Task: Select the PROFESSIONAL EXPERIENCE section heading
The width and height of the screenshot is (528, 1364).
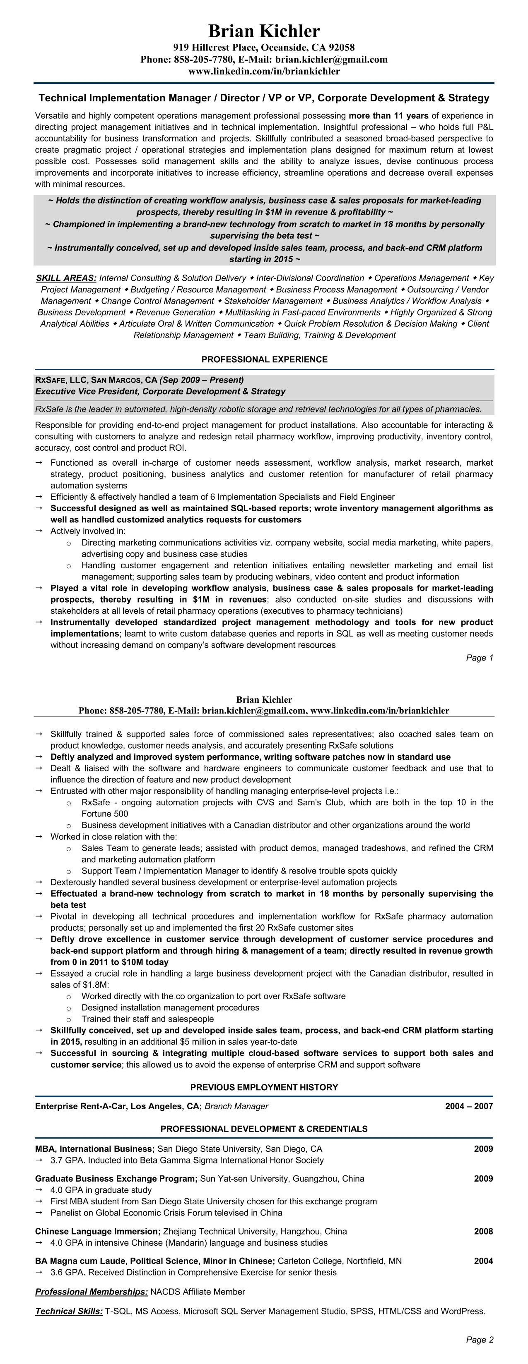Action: pyautogui.click(x=264, y=359)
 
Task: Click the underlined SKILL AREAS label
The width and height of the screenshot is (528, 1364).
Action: pyautogui.click(x=66, y=278)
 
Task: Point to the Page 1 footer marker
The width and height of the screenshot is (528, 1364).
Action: pyautogui.click(x=479, y=658)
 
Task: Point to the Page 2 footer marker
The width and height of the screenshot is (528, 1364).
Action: pyautogui.click(x=479, y=1340)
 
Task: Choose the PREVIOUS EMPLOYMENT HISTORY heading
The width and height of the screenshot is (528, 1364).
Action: pyautogui.click(x=264, y=1087)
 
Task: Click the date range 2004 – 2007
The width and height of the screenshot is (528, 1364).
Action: pyautogui.click(x=469, y=1106)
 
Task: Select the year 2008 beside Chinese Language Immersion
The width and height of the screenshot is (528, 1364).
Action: pyautogui.click(x=483, y=1232)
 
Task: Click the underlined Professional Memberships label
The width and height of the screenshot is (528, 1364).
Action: pyautogui.click(x=91, y=1292)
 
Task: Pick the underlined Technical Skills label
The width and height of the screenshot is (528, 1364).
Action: pyautogui.click(x=69, y=1311)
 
